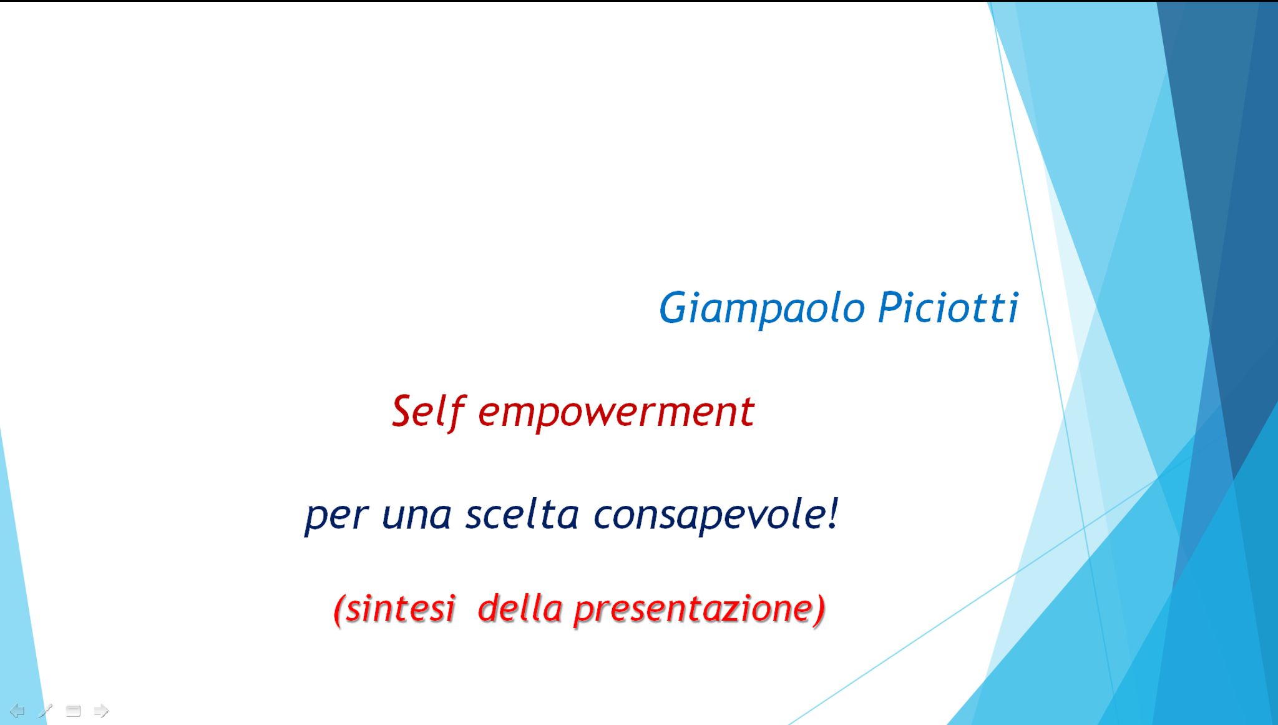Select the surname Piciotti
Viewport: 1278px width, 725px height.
pos(948,307)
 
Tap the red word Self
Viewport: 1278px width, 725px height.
pos(429,412)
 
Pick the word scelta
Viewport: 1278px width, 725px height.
pos(522,514)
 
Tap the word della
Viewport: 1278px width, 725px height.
pos(520,608)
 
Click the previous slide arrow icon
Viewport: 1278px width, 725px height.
pos(17,711)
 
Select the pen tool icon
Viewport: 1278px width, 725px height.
pos(45,711)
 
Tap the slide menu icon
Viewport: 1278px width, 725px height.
pos(74,711)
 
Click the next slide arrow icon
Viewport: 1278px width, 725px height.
pos(101,711)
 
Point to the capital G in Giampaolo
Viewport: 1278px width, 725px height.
pos(674,307)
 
